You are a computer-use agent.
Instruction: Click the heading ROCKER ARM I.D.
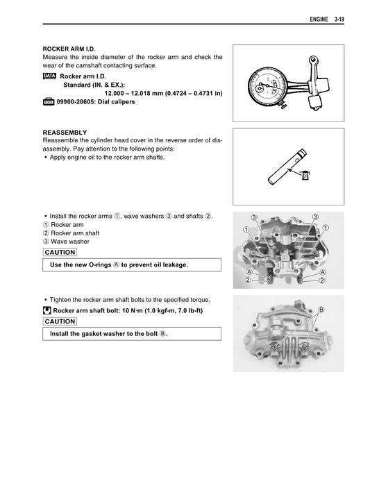[69, 49]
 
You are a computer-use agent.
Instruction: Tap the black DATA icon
[49, 75]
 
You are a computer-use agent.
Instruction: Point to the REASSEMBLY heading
[65, 131]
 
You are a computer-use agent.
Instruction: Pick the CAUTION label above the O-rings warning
[59, 252]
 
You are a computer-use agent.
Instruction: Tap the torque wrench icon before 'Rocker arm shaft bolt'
[47, 311]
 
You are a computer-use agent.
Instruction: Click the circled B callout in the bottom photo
[321, 308]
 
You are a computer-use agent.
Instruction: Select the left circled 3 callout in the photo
[255, 218]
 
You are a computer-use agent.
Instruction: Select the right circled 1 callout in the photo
[326, 228]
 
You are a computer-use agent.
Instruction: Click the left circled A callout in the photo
[248, 271]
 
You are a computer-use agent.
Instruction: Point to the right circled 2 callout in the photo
[321, 280]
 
